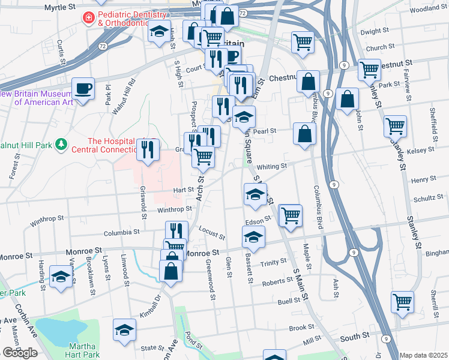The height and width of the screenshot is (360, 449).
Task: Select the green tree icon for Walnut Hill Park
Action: (x=61, y=145)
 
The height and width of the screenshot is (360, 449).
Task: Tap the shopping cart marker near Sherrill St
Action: (x=402, y=301)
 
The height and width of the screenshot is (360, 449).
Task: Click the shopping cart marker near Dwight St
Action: (x=303, y=41)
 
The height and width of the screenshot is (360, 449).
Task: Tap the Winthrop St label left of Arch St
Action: (x=174, y=209)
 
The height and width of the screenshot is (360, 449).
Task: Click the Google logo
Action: (x=20, y=353)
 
